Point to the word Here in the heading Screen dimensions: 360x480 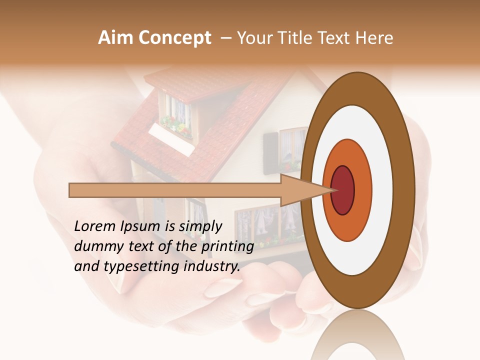pyautogui.click(x=375, y=38)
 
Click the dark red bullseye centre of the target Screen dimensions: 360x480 pyautogui.click(x=343, y=190)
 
